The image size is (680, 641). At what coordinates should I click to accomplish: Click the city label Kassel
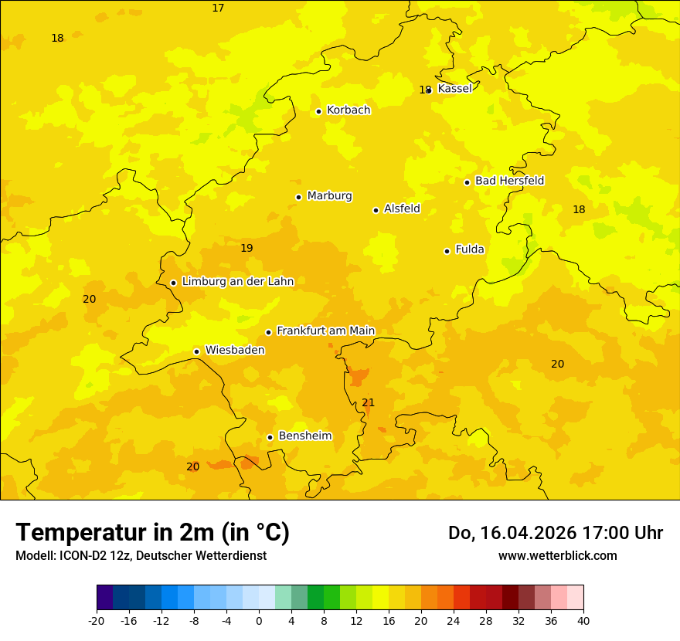454,89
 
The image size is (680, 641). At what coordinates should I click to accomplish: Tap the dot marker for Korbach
318,111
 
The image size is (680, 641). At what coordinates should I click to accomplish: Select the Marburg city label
329,196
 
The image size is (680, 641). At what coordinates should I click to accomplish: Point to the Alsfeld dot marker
376,210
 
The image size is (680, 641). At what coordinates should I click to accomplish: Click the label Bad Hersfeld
509,181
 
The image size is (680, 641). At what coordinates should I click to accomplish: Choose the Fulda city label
470,249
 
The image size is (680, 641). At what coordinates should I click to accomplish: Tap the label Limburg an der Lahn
237,282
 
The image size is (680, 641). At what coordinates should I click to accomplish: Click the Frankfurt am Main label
325,331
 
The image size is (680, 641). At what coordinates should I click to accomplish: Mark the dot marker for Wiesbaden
196,351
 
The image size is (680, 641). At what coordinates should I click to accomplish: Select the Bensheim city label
304,436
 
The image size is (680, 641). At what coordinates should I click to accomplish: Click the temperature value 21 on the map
369,402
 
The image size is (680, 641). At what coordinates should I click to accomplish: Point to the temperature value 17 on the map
218,8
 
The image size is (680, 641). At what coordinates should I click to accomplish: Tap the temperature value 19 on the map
246,248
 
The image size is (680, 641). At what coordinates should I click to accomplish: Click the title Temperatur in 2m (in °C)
152,532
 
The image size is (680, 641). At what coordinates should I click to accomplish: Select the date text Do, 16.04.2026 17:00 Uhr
555,533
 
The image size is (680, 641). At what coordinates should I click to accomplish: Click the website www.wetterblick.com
557,555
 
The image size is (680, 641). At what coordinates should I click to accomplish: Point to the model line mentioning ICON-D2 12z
141,555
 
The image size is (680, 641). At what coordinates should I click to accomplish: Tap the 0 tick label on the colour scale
259,620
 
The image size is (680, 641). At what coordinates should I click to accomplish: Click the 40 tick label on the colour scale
583,620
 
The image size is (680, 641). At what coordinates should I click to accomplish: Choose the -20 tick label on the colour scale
96,620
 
